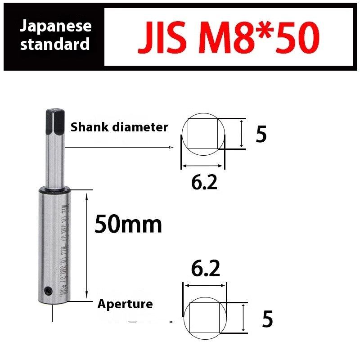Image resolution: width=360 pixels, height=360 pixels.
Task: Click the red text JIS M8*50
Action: tap(229, 36)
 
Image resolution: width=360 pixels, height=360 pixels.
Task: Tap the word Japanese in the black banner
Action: tap(56, 26)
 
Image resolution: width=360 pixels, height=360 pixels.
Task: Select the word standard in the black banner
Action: tap(55, 45)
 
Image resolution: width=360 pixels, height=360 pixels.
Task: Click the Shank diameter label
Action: tap(119, 127)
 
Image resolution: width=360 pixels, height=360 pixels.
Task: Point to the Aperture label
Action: tap(125, 304)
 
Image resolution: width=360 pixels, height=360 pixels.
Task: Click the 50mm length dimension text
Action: tap(128, 224)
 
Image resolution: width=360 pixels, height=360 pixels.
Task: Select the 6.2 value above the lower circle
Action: tap(205, 269)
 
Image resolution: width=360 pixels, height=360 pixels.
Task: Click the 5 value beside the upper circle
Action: tap(261, 135)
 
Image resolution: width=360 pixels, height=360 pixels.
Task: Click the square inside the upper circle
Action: tap(202, 134)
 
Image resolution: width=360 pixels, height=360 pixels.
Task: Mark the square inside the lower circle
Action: tap(204, 318)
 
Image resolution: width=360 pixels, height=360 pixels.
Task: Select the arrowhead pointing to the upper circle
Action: tap(171, 147)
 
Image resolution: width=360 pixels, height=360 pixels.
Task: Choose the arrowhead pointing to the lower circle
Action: tap(172, 322)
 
